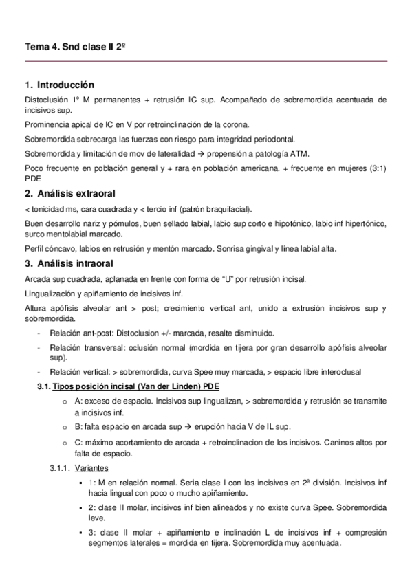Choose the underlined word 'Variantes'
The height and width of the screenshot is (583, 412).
coord(92,467)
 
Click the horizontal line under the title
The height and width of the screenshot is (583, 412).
coord(206,61)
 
